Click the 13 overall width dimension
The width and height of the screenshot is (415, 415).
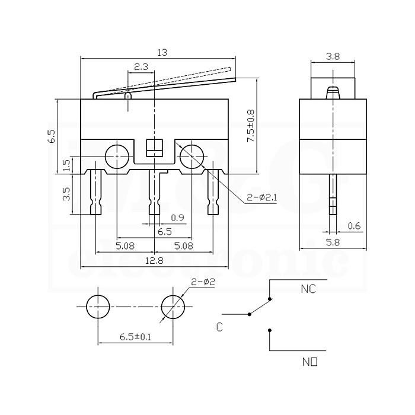[162, 53]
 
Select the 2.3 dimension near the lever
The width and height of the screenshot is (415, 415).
[141, 67]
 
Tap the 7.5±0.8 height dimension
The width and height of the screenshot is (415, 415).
[250, 126]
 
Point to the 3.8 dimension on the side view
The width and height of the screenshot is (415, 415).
[333, 56]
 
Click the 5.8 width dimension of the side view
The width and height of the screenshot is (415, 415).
[333, 242]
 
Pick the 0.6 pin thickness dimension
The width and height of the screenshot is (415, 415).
[354, 226]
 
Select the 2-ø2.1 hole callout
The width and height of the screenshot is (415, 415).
[262, 197]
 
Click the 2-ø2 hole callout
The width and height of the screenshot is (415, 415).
[203, 282]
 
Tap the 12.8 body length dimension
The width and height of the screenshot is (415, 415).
[155, 261]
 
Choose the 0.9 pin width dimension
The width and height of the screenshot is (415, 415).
[177, 218]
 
